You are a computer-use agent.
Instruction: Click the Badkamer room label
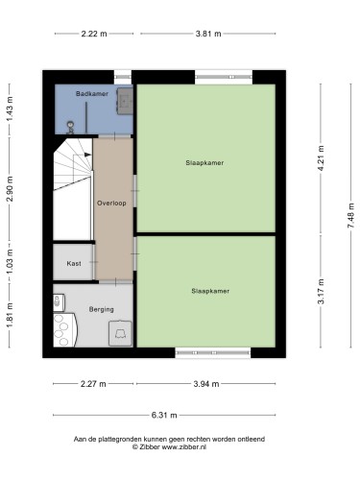point(92,94)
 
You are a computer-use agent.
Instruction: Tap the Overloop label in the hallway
point(111,203)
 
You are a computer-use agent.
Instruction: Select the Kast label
point(74,264)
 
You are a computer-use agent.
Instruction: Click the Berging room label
point(101,309)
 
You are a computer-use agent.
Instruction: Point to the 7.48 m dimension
point(350,216)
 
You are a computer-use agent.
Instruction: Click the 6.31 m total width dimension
point(164,416)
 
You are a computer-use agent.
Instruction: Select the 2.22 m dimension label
point(94,34)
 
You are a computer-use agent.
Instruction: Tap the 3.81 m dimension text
point(208,34)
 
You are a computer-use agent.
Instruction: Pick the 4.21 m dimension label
point(321,158)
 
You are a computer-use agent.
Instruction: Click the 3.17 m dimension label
point(321,292)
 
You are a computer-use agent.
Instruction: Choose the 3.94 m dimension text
point(206,384)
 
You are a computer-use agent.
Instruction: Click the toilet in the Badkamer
point(70,128)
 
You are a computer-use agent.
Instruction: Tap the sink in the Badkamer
point(125,101)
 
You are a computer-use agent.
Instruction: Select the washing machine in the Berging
point(120,333)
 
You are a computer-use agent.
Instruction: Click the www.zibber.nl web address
point(183,447)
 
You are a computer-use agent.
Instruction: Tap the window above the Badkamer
point(123,77)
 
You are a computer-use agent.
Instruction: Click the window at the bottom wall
point(213,352)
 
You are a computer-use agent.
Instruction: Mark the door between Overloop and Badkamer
point(115,136)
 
